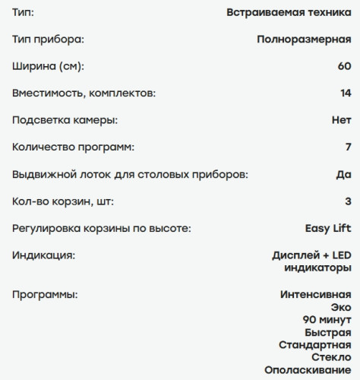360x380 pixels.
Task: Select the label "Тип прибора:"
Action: point(49,39)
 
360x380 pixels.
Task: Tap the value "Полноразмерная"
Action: point(303,39)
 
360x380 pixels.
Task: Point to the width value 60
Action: point(344,66)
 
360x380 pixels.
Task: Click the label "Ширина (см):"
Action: point(49,66)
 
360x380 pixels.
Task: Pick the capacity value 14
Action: point(345,93)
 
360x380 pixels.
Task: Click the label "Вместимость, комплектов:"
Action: point(84,93)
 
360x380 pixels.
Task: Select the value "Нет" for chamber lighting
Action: point(342,120)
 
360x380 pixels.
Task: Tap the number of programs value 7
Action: point(348,147)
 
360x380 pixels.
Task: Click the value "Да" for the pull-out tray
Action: point(343,175)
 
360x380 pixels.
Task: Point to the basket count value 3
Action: point(348,201)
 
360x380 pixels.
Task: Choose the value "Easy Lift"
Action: point(323,228)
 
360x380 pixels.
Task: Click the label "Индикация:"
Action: point(44,255)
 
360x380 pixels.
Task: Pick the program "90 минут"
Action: point(327,320)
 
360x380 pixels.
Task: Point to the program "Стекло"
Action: point(331,357)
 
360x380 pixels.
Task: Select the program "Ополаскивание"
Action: point(308,370)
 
